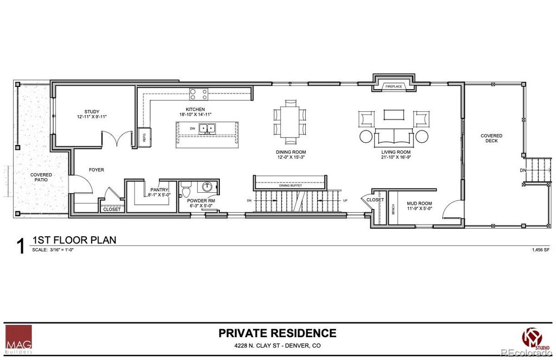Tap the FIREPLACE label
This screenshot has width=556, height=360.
[x=394, y=86]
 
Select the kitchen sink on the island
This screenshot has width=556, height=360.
[x=206, y=129]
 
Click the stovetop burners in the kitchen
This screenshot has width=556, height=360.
[x=198, y=94]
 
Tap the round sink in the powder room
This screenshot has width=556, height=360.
[x=207, y=187]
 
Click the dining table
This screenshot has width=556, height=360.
[x=289, y=119]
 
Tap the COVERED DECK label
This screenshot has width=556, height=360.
[x=491, y=138]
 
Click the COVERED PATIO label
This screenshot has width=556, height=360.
[x=41, y=177]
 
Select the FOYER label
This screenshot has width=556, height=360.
[x=96, y=170]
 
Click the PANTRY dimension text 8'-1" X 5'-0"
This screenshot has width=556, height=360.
[x=159, y=194]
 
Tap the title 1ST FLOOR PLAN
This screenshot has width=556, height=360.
[x=74, y=240]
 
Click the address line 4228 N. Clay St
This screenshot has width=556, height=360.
[x=277, y=346]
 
